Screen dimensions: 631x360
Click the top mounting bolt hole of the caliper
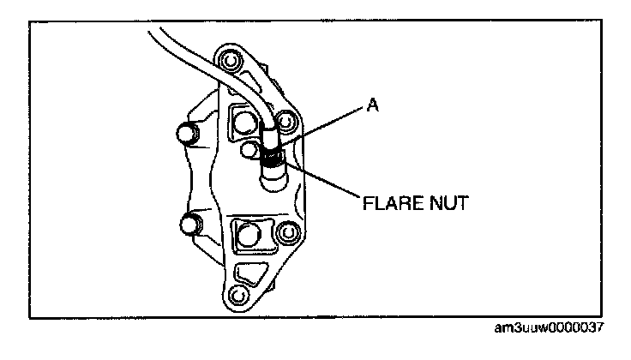pos(229,63)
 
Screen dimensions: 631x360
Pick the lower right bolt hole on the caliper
pos(288,233)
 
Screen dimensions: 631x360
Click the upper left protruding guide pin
pos(184,134)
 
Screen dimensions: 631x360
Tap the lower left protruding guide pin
pos(188,225)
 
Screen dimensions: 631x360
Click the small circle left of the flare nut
pos(250,152)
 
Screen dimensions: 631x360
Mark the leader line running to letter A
pos(326,127)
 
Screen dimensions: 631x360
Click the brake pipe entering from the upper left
pos(197,51)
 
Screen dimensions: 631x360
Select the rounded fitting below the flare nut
pos(274,180)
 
